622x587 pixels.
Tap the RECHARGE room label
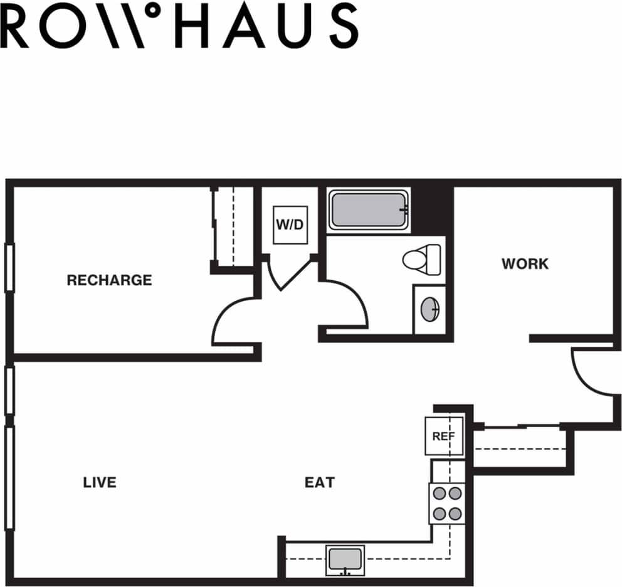pos(109,280)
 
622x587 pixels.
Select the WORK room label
pos(525,264)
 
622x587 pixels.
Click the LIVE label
pos(100,482)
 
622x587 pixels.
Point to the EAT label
pos(320,482)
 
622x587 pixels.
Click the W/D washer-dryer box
pos(290,224)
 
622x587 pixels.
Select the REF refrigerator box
pos(444,436)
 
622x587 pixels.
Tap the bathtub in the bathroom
pos(369,211)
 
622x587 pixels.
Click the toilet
pos(421,259)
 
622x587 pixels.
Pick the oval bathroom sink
pos(430,309)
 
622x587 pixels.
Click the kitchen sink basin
pos(345,558)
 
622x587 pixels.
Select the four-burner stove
pos(447,503)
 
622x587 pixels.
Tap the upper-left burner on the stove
pos(440,493)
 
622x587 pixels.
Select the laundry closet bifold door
pos(290,273)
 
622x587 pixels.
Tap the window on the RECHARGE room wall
pos(9,268)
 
